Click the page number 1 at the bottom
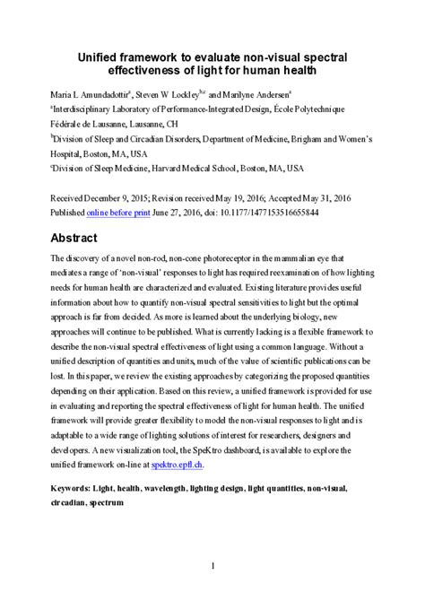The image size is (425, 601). [x=212, y=566]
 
